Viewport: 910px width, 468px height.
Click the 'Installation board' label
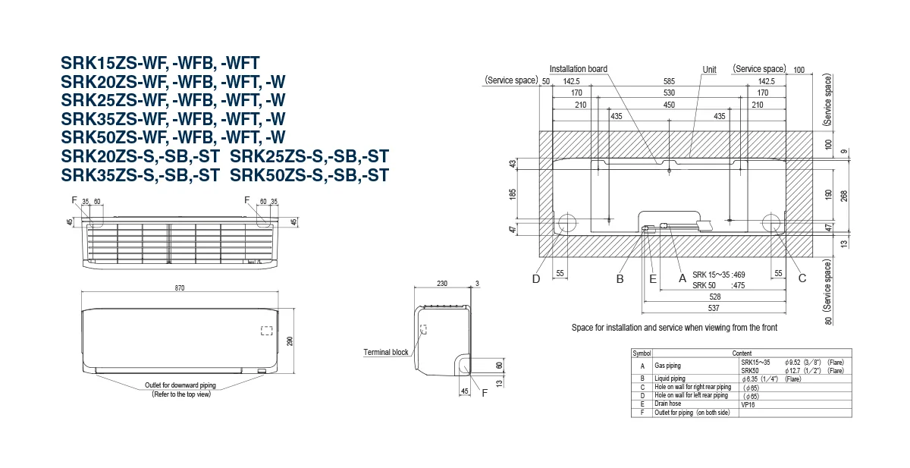click(578, 69)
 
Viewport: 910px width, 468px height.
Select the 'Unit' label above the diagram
click(709, 69)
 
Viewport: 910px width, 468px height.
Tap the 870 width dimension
click(180, 288)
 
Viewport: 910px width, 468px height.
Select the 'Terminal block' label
click(386, 353)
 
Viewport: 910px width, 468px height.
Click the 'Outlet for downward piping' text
click(180, 386)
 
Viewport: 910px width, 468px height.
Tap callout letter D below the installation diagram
click(536, 278)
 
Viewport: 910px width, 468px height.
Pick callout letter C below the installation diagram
click(802, 278)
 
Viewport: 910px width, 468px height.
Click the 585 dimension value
click(669, 81)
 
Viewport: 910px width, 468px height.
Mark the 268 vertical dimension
click(844, 195)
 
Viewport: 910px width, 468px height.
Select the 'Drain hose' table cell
click(669, 404)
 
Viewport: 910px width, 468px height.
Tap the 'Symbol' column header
click(642, 353)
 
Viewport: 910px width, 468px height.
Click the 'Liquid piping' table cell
click(670, 378)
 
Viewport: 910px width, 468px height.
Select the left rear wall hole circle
click(566, 222)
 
